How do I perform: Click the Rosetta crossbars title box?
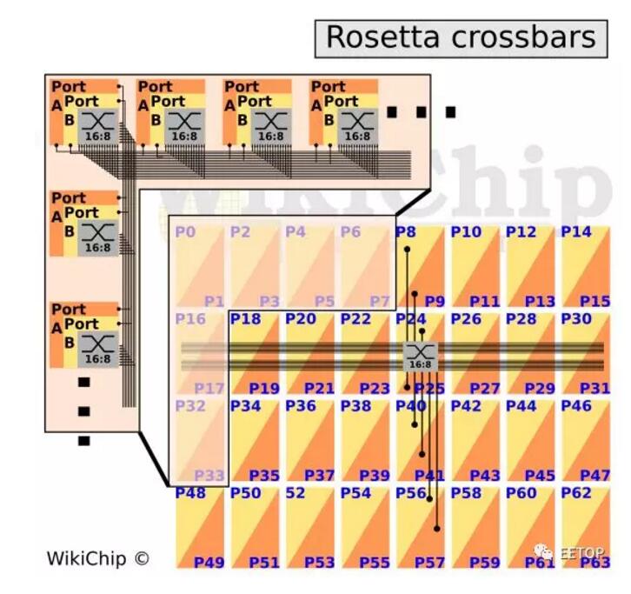tap(461, 38)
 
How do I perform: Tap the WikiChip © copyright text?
tap(97, 558)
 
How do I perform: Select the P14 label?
tap(575, 232)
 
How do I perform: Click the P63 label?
tap(595, 563)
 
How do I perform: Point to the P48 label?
tap(190, 493)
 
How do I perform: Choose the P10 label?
tap(466, 232)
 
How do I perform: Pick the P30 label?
tap(575, 319)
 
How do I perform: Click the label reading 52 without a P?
tap(296, 493)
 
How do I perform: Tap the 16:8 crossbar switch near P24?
tap(420, 356)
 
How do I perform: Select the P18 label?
tap(245, 319)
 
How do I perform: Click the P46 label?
tap(575, 406)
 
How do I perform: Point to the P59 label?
tap(485, 563)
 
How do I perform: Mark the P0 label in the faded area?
tap(185, 232)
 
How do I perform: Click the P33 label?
tap(209, 476)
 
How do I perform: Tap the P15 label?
tap(595, 302)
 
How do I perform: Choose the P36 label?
tap(301, 406)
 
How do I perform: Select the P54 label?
tap(355, 493)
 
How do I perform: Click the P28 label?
tap(521, 319)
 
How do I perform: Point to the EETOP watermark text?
tap(580, 551)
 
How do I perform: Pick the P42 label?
tap(466, 406)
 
